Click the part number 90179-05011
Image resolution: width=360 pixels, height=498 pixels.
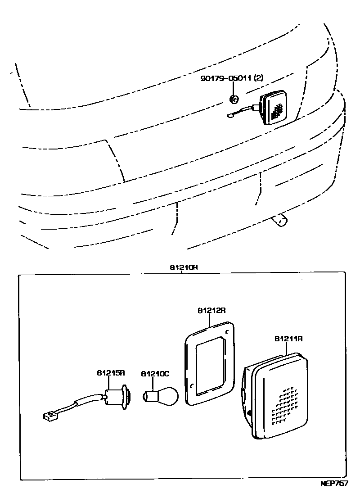226,78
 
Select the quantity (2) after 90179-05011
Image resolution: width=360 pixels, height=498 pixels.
258,78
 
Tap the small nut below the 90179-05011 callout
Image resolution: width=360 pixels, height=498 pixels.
234,98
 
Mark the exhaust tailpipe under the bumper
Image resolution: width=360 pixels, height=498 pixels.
280,221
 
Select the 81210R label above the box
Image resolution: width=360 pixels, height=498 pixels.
184,267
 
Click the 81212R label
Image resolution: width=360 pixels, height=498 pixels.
211,311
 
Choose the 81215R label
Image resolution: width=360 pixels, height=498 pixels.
110,373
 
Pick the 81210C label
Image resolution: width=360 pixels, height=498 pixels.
155,373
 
